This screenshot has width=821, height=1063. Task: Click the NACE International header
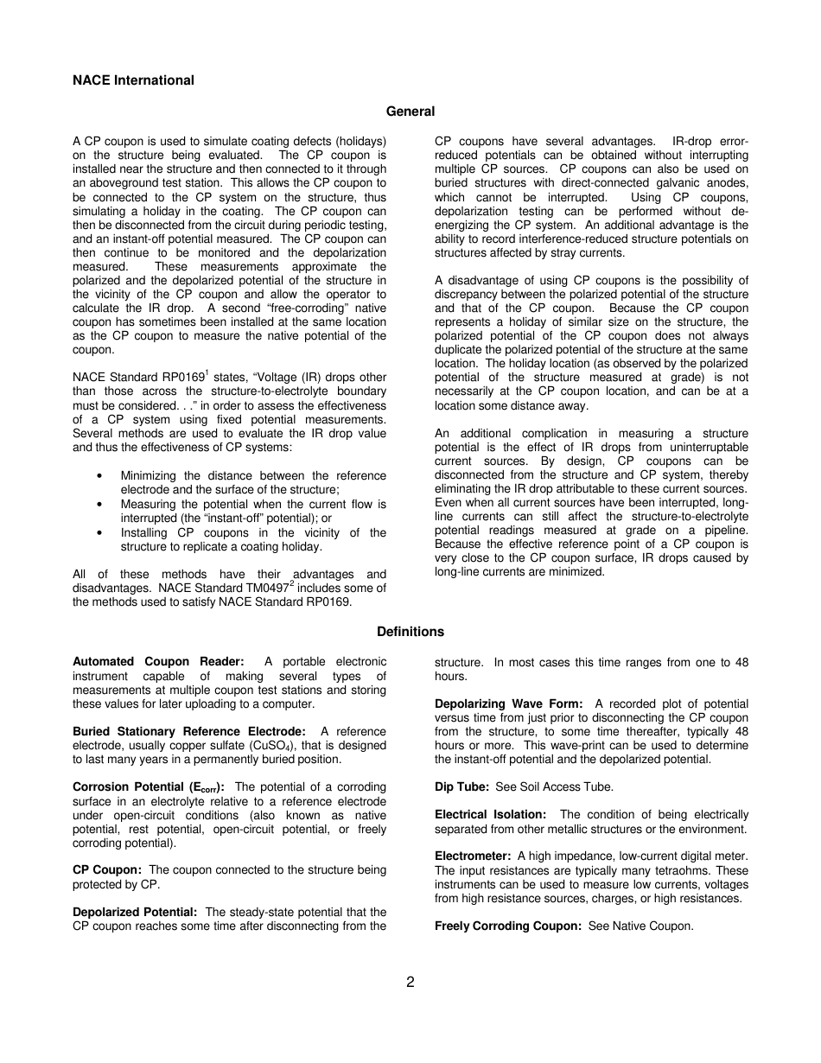[x=133, y=80]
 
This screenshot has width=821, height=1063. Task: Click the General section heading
[x=410, y=111]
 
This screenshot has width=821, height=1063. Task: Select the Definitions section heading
[x=410, y=632]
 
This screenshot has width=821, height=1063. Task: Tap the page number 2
[x=410, y=982]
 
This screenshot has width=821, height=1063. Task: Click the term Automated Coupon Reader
[x=158, y=662]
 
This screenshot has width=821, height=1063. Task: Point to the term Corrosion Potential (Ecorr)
[x=148, y=787]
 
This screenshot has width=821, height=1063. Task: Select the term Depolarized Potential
[x=135, y=912]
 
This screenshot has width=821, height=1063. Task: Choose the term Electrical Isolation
[x=490, y=815]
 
